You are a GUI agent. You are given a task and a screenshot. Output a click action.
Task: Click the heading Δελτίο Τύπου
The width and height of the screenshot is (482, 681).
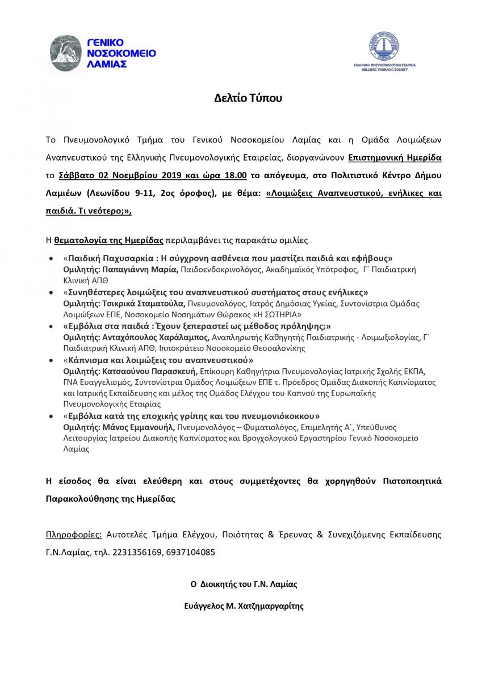(x=241, y=98)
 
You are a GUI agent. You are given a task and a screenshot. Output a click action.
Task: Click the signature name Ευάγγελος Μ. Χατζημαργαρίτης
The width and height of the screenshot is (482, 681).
(x=241, y=606)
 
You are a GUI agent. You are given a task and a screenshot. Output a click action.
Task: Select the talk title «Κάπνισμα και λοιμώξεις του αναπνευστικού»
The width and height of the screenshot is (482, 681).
(x=158, y=360)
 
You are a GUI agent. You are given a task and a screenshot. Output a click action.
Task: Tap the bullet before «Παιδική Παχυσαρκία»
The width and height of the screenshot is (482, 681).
(x=53, y=258)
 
